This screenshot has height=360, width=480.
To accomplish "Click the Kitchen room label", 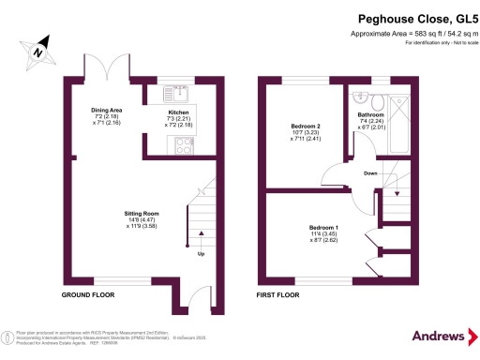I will click(x=178, y=114).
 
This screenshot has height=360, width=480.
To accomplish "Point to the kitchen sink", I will click(x=175, y=93).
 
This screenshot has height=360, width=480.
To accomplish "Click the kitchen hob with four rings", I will click(x=177, y=144).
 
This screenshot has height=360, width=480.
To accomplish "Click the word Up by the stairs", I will click(x=199, y=254).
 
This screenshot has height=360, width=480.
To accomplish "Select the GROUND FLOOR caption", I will click(x=88, y=294).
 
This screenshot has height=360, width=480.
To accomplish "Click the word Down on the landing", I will click(x=371, y=173).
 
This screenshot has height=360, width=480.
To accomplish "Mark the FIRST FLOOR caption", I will click(x=278, y=294).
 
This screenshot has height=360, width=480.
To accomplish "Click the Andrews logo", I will click(x=438, y=336).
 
